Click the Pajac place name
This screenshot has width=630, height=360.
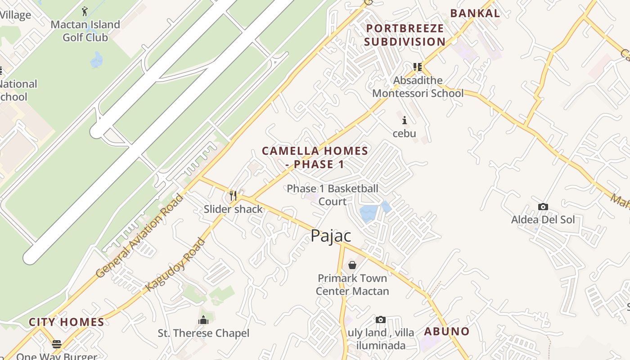click(x=331, y=236)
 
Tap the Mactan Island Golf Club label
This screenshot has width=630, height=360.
click(x=85, y=31)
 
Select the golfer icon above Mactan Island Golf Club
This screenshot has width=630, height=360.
click(x=85, y=10)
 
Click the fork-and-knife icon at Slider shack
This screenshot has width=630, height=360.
click(x=233, y=195)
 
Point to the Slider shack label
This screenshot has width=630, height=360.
click(x=233, y=209)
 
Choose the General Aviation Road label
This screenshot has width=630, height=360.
click(x=140, y=236)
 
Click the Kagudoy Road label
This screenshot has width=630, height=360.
click(x=175, y=265)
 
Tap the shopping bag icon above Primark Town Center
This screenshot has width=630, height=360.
click(x=352, y=265)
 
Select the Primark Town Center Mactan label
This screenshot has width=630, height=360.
click(x=352, y=284)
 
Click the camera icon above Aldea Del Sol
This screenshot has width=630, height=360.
click(x=543, y=207)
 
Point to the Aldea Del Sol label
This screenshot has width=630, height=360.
click(x=543, y=220)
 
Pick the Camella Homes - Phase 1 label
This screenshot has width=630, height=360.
click(x=315, y=157)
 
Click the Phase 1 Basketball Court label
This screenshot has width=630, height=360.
click(x=333, y=195)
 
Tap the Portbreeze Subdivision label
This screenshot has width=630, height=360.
click(x=405, y=35)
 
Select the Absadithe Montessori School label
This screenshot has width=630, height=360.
click(x=418, y=87)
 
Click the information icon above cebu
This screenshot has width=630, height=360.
click(x=405, y=120)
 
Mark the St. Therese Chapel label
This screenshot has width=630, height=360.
click(x=203, y=333)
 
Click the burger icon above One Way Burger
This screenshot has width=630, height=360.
click(x=57, y=344)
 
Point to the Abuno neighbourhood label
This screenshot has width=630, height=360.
click(x=447, y=332)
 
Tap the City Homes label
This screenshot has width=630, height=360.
click(x=67, y=322)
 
